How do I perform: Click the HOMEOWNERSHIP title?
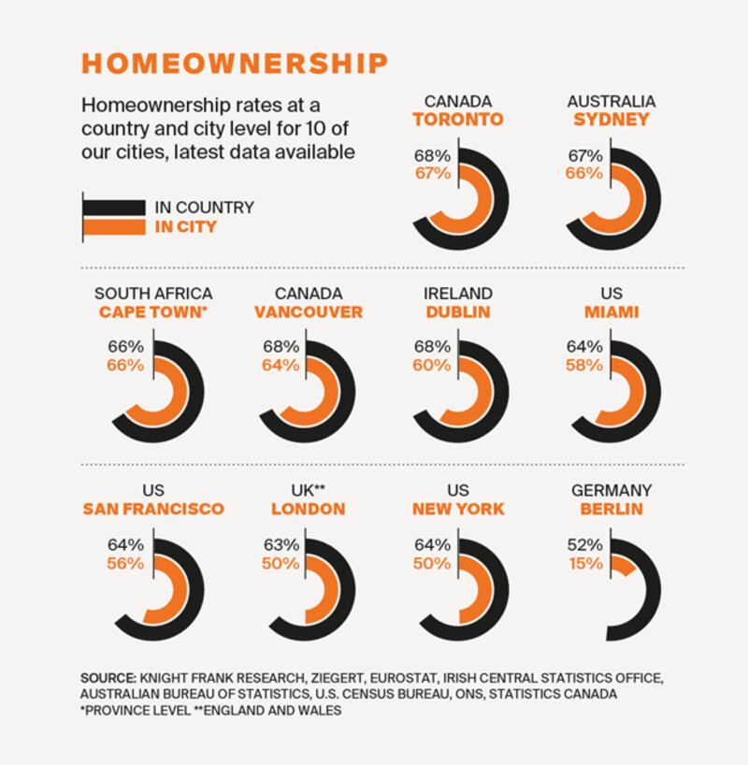point(234,63)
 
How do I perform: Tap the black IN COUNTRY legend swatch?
point(113,208)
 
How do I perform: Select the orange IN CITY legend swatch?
point(113,227)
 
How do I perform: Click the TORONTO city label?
point(458,120)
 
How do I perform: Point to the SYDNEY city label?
point(611,120)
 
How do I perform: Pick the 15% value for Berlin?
point(587,563)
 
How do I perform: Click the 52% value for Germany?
point(587,544)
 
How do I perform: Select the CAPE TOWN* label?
point(152,312)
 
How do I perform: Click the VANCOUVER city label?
point(308,312)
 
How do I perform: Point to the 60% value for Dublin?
point(431,365)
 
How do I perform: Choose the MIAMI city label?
point(611,312)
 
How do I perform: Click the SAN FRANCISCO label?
point(153,509)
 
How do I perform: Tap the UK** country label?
point(308,490)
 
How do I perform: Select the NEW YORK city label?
point(458,509)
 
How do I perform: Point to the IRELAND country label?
point(458,294)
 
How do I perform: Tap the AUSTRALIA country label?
point(611,101)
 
